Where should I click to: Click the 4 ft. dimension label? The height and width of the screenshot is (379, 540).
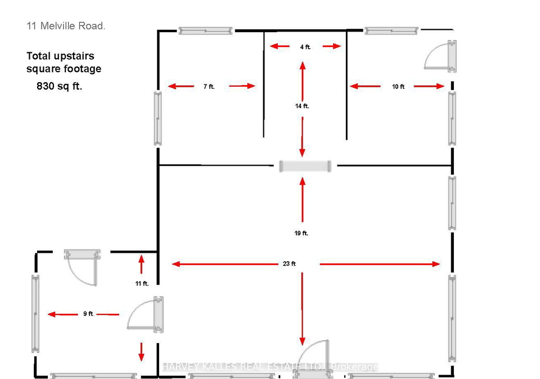(x=305, y=47)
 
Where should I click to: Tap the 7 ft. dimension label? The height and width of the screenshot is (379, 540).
(x=209, y=87)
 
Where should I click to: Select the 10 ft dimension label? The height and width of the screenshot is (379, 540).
(x=398, y=87)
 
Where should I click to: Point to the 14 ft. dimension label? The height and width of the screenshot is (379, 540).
(x=302, y=106)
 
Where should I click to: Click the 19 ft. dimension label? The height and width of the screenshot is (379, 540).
(x=301, y=233)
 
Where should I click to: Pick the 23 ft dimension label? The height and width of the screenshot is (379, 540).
(x=289, y=264)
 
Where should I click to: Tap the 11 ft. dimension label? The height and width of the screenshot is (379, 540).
(x=142, y=283)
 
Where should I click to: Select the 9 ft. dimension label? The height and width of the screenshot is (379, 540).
(x=88, y=314)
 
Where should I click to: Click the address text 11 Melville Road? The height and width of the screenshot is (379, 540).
(x=66, y=26)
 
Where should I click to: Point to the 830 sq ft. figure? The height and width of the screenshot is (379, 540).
(x=60, y=86)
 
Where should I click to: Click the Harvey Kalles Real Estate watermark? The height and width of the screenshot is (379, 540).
(x=270, y=367)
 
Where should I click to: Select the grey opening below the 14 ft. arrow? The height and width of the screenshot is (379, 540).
(x=305, y=166)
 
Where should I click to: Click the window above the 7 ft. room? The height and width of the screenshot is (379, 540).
(x=206, y=31)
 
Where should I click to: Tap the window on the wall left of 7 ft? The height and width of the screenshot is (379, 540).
(x=157, y=118)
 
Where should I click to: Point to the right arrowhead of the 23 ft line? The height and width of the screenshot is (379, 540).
(x=436, y=264)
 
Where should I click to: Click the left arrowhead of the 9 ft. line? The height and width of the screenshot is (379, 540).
(x=52, y=314)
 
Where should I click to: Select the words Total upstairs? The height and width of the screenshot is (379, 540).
(x=60, y=56)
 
